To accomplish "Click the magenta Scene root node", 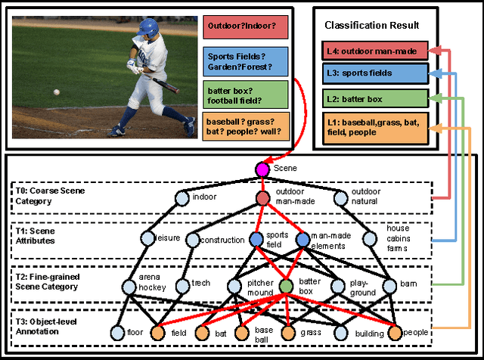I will tap(262, 169).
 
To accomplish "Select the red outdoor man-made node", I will tap(262, 198).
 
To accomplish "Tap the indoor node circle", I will tap(181, 198).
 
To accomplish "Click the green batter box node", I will tap(286, 287).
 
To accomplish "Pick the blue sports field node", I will tap(257, 240).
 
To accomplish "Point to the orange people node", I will tap(396, 331).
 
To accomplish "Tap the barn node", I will tap(389, 287).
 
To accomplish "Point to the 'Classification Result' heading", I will tap(373, 26).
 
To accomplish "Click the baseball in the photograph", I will tap(57, 92).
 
